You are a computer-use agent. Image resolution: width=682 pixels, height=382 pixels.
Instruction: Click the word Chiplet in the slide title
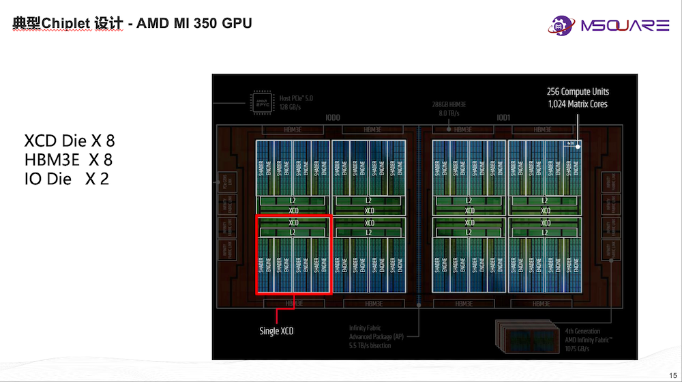click(65, 23)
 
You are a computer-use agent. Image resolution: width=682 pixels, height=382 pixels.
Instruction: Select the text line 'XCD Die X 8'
click(70, 141)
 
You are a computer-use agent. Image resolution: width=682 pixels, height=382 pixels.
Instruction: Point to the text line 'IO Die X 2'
click(66, 179)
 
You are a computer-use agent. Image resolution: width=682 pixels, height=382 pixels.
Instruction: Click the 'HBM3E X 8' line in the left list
click(68, 160)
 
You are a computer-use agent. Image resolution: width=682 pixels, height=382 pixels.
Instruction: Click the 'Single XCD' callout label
click(276, 332)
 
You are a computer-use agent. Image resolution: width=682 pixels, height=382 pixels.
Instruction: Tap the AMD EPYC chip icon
click(261, 102)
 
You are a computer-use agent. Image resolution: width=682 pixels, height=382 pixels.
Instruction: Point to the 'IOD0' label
click(333, 118)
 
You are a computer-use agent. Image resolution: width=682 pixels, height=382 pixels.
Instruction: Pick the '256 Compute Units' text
click(578, 91)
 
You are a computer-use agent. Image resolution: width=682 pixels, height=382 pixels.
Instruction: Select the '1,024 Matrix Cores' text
click(578, 104)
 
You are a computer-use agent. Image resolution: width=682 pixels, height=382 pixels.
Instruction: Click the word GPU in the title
click(237, 23)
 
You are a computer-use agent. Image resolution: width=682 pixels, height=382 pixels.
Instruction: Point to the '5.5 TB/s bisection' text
click(370, 346)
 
